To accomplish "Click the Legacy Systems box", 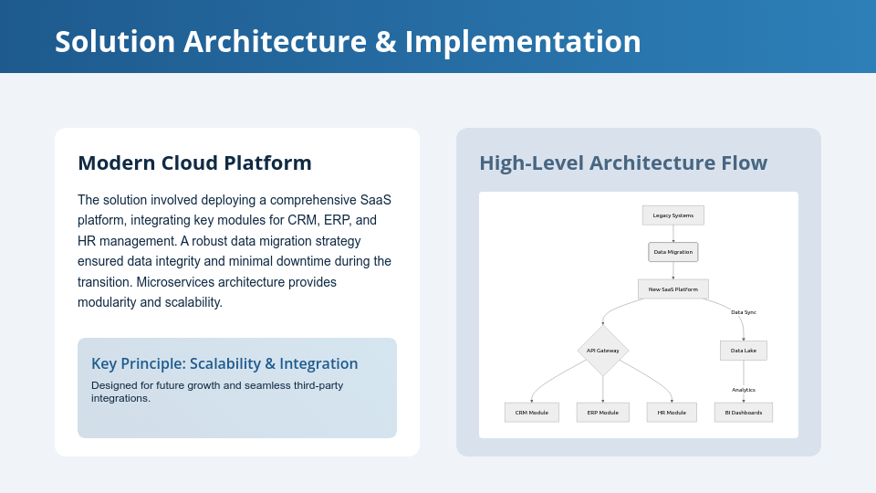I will pos(673,215).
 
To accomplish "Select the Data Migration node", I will pos(673,252).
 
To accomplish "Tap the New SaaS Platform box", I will pos(673,289).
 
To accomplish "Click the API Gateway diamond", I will pos(602,351).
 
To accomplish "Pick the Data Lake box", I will pos(743,351).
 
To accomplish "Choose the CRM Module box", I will pos(531,413).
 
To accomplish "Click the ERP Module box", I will pos(602,413).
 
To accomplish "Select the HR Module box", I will pos(672,413).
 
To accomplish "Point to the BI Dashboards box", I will pos(743,413).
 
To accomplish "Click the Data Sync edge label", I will pos(743,312).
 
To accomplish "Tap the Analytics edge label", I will pos(743,390).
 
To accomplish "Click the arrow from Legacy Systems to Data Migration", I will pos(673,234).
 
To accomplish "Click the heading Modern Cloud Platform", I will pos(194,163).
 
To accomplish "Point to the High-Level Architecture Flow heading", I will pos(623,163).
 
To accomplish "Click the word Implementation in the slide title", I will pos(523,42).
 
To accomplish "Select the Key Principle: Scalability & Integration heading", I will pos(224,363).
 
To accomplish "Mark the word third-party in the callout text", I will pos(318,385).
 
